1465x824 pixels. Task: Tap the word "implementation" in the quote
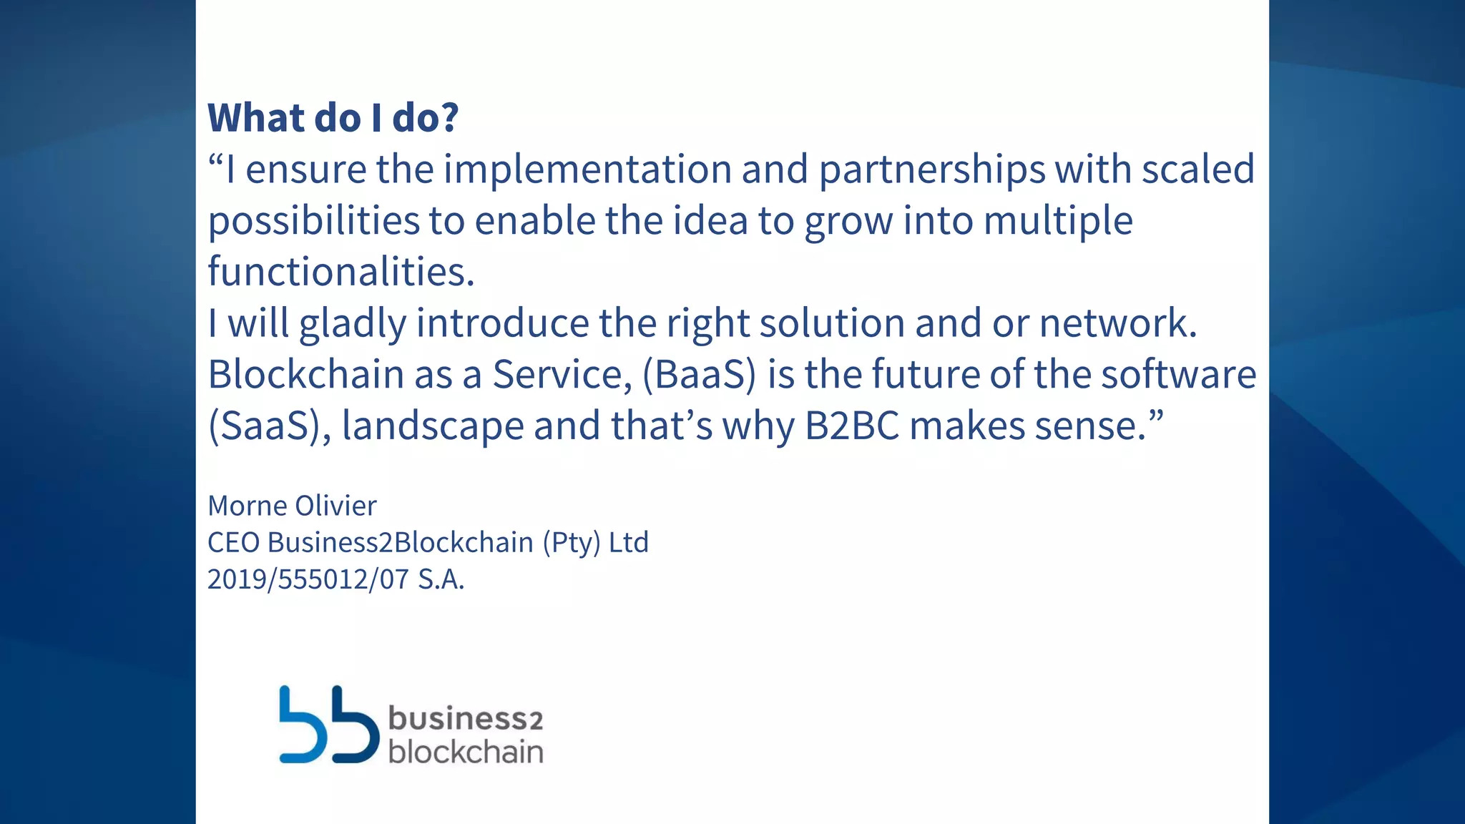[587, 170]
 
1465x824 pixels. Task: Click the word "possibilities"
[313, 221]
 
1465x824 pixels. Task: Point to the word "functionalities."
[341, 272]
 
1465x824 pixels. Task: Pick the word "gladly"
[353, 324]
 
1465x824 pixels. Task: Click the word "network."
[1117, 323]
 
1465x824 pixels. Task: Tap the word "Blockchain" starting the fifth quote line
[306, 374]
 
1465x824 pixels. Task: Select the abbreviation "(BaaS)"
[699, 375]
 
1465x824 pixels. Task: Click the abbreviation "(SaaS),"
[270, 426]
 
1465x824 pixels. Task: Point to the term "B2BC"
[851, 426]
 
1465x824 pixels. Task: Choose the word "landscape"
[433, 426]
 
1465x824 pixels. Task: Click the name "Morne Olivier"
[292, 506]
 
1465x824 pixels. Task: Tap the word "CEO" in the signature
[233, 542]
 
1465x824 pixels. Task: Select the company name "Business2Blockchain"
[401, 542]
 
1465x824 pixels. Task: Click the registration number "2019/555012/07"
[308, 579]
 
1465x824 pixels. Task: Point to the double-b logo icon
[328, 725]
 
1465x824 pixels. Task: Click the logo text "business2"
[466, 718]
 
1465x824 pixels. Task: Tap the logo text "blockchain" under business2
[466, 752]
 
